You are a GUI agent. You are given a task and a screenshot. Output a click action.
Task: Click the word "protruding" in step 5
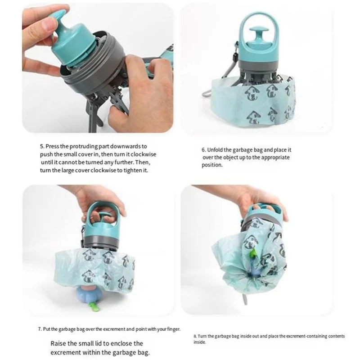click(x=84, y=147)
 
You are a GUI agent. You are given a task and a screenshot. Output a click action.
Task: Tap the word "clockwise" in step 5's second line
click(x=144, y=154)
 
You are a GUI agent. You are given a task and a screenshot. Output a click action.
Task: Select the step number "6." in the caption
click(x=204, y=150)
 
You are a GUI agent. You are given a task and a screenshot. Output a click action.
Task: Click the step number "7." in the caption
click(x=40, y=329)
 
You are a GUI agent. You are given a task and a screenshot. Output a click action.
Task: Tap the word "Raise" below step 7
click(x=58, y=343)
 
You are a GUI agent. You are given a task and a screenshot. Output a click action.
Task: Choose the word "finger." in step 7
click(x=174, y=329)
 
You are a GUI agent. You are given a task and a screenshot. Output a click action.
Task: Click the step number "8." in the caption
click(x=195, y=336)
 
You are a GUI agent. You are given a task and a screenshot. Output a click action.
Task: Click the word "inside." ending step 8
click(x=199, y=342)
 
